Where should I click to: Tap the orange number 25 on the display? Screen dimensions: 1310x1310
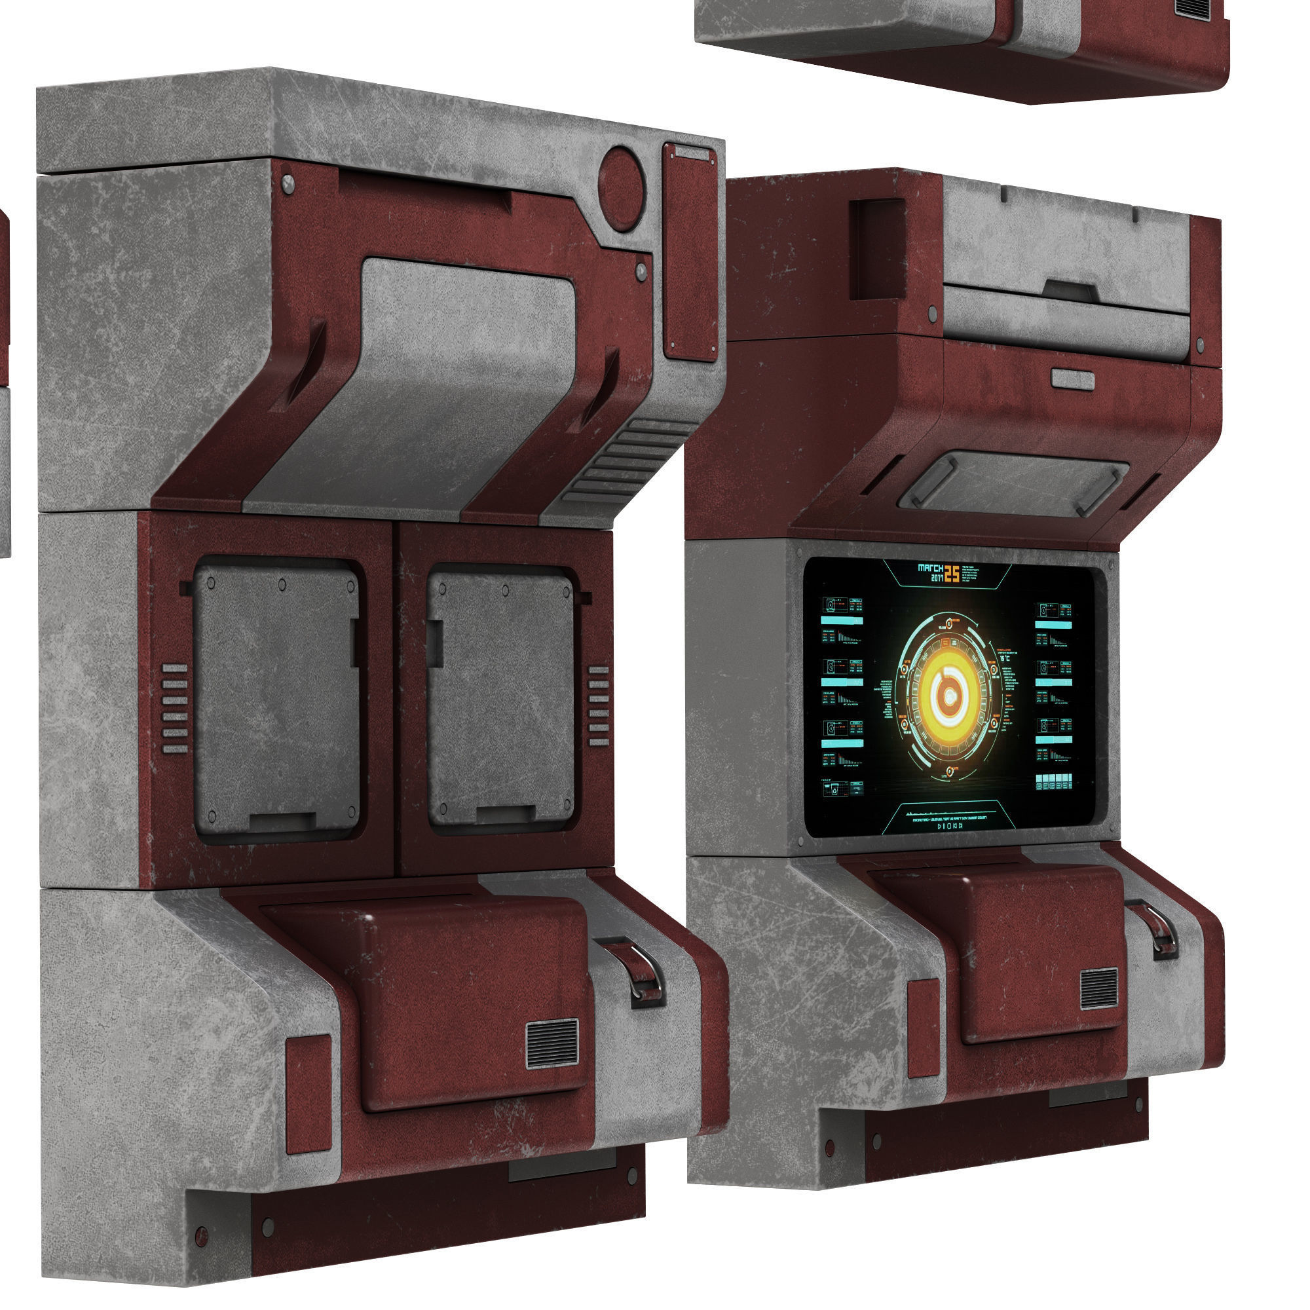(952, 573)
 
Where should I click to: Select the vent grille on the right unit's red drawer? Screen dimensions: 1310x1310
(1099, 988)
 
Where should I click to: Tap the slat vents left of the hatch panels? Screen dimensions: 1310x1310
(174, 709)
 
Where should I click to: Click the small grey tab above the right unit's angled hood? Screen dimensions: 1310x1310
(1073, 380)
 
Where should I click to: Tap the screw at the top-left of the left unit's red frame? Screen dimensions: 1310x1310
(288, 183)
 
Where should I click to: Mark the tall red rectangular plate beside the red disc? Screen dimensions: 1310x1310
(690, 251)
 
